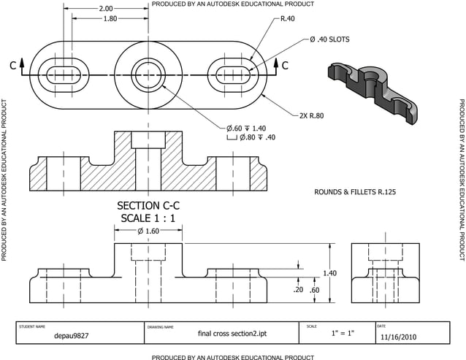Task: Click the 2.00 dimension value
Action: click(105, 9)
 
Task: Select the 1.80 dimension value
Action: click(110, 18)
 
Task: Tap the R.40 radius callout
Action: click(288, 18)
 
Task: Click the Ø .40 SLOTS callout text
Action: click(329, 39)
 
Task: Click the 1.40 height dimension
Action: click(329, 273)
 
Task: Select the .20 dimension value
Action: click(298, 290)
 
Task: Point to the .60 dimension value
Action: click(314, 290)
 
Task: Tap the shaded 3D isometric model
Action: click(373, 91)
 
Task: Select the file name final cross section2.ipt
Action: click(226, 334)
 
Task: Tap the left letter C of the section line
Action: click(13, 66)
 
